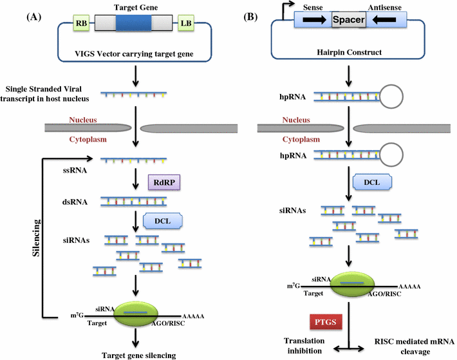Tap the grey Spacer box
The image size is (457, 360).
tap(349, 21)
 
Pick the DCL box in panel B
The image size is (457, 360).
tap(371, 183)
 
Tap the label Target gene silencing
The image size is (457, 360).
tap(135, 354)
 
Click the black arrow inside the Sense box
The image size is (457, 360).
tap(313, 21)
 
